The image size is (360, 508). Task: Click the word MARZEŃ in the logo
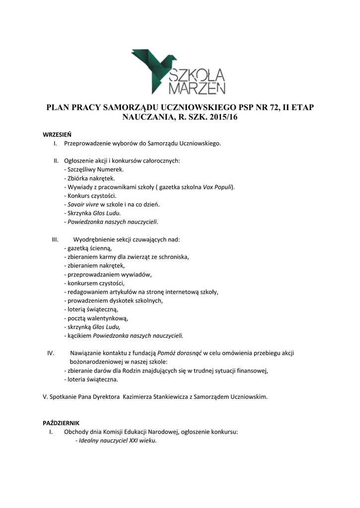click(197, 88)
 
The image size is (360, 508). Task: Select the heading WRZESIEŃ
click(57, 134)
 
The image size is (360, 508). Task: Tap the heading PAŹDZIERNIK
click(61, 423)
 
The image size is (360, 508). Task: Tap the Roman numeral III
click(56, 239)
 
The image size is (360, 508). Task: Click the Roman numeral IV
click(50, 353)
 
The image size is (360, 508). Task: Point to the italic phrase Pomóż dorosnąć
click(179, 353)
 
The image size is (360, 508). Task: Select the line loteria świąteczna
click(91, 380)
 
